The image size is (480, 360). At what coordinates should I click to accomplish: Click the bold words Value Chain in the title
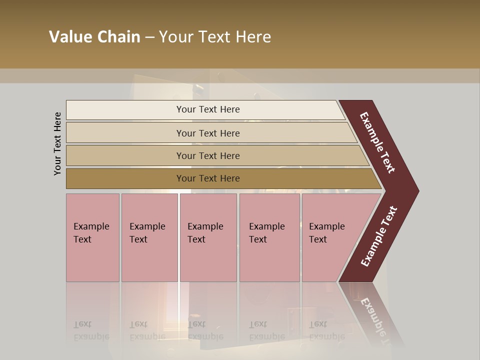(x=94, y=37)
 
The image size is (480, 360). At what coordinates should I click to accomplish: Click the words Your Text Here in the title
(x=215, y=37)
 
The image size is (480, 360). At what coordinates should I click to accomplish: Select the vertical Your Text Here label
(x=57, y=144)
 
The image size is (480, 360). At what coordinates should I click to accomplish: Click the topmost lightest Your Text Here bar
(x=207, y=109)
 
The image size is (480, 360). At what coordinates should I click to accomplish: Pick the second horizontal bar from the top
(x=207, y=133)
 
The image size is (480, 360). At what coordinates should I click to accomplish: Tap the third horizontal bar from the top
(x=207, y=155)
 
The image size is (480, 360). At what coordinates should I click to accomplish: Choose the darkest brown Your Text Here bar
(x=207, y=178)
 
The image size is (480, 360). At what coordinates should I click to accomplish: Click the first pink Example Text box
(x=92, y=237)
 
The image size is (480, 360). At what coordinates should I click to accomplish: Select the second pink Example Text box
(x=149, y=237)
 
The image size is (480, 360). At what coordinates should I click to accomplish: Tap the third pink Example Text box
(x=208, y=237)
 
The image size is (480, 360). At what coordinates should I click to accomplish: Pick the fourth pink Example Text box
(x=269, y=237)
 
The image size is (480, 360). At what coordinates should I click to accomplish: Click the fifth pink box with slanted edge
(x=330, y=237)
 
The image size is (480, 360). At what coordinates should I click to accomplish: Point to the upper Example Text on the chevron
(x=377, y=142)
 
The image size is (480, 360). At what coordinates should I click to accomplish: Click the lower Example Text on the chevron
(x=378, y=236)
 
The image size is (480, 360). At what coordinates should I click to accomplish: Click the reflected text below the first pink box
(x=91, y=330)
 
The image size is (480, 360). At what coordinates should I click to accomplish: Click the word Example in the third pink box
(x=205, y=226)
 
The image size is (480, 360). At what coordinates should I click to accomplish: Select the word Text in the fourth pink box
(x=258, y=239)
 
